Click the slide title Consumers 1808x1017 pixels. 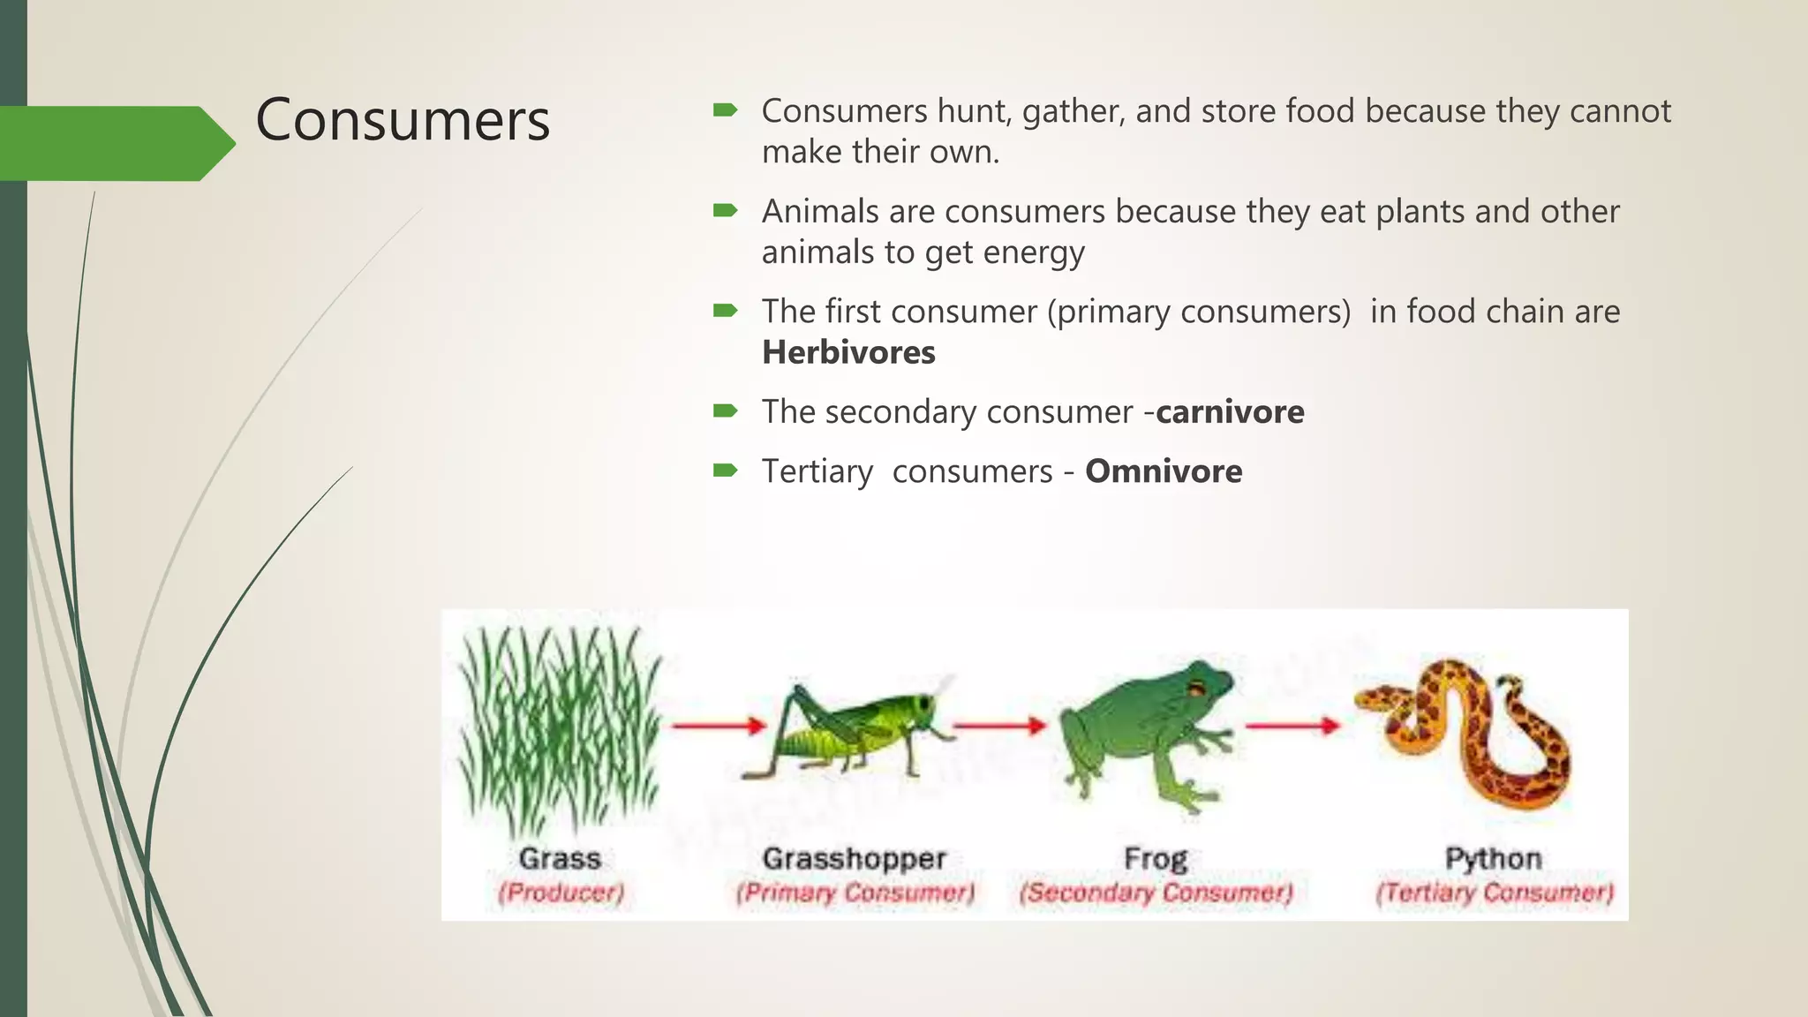coord(403,119)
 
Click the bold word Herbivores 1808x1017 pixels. coord(847,352)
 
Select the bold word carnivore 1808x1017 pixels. coord(1229,412)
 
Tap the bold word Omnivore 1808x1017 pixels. coord(1163,471)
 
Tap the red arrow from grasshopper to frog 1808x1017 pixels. coord(998,726)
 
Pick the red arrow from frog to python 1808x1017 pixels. coord(1292,726)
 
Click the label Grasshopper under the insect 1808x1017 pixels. coord(854,858)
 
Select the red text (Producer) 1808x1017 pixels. coord(561,893)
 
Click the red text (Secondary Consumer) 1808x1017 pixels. coord(1156,893)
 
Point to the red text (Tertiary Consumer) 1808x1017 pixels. coord(1494,893)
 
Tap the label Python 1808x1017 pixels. coord(1493,858)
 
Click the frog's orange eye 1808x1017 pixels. coord(1196,689)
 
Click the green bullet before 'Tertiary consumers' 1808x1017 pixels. coord(725,470)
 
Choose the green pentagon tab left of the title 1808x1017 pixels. coord(115,143)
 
